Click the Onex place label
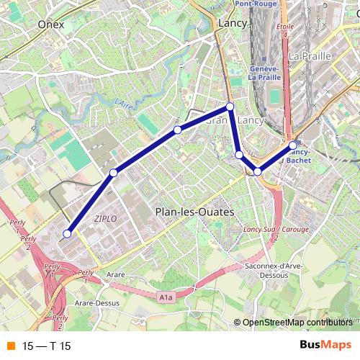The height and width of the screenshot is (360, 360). [51, 24]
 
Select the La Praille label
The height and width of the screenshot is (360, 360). [309, 55]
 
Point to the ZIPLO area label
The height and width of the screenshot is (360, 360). [105, 217]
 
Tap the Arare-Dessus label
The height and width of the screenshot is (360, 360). [96, 303]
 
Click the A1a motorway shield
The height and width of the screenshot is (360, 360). [166, 296]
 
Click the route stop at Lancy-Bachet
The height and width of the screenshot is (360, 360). [293, 145]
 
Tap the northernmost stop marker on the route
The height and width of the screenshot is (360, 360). [230, 107]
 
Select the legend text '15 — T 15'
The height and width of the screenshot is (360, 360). [46, 346]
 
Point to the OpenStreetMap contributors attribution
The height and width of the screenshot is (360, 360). [297, 323]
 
